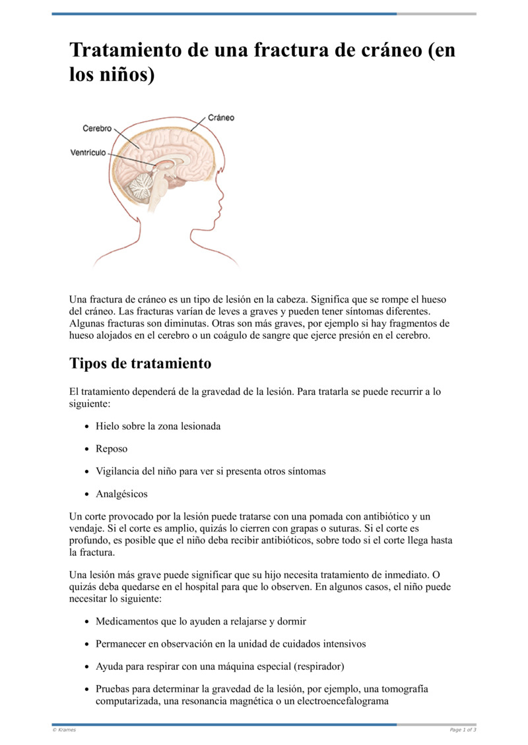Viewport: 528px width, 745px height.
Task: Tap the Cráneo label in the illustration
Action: tap(221, 118)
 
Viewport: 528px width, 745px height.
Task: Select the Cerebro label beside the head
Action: tap(97, 129)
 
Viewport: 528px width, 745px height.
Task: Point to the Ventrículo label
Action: tap(88, 153)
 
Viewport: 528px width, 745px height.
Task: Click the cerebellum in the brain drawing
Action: tap(141, 187)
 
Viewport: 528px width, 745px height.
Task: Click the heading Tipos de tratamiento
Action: tap(141, 363)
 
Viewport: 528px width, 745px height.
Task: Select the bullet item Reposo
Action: tap(112, 449)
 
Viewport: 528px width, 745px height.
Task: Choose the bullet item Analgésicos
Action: tap(121, 494)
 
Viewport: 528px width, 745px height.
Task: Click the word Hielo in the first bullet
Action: tap(108, 426)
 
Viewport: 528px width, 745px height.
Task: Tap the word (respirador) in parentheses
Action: tap(320, 666)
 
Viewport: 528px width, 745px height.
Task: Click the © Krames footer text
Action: tap(64, 730)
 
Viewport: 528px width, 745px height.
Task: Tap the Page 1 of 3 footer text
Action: tap(463, 730)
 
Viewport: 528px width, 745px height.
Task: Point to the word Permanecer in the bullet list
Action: tap(121, 643)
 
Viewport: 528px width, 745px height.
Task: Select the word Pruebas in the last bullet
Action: tap(113, 689)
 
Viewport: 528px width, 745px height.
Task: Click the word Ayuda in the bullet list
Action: tap(109, 666)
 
